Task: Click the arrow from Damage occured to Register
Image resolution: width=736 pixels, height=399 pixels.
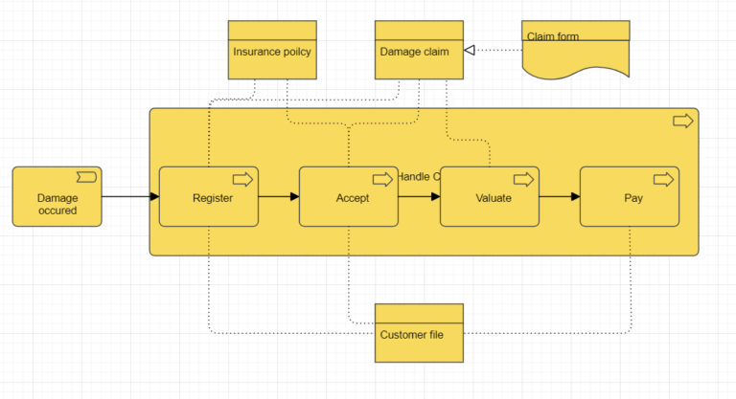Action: coord(129,197)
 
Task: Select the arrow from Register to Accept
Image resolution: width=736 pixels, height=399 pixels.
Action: coord(278,197)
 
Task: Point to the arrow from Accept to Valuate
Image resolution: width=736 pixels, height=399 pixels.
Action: coord(419,197)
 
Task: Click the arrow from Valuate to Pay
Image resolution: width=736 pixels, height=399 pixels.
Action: coord(559,197)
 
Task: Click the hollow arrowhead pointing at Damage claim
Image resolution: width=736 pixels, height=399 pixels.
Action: coord(470,50)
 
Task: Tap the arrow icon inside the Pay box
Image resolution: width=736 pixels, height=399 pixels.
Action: coord(663,179)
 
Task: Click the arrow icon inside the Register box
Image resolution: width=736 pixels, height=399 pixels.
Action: coord(242,179)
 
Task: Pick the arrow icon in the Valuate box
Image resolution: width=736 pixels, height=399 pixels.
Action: coord(523,179)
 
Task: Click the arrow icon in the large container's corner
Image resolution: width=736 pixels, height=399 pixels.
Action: coord(682,121)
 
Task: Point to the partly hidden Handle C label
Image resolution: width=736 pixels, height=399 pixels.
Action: coord(418,176)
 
